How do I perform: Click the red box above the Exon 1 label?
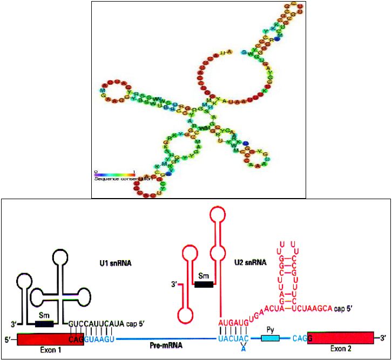tap(50, 339)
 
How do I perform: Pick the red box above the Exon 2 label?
tap(340, 338)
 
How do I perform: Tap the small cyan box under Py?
tap(271, 338)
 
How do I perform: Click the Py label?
tap(271, 328)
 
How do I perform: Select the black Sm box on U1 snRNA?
tap(44, 324)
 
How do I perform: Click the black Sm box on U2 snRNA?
tap(204, 284)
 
